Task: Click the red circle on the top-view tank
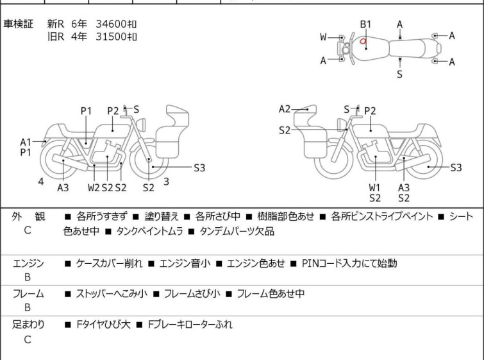(x=363, y=43)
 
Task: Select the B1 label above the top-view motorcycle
(x=365, y=24)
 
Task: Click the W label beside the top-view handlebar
(x=324, y=37)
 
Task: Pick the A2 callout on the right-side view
(x=285, y=109)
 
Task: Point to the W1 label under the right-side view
(x=374, y=187)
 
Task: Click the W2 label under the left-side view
(x=94, y=187)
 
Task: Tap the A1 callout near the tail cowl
(x=26, y=142)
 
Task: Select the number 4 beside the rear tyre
(x=40, y=182)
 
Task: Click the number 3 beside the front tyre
(x=166, y=182)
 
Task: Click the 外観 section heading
(x=28, y=217)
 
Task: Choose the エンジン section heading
(x=28, y=262)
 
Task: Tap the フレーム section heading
(x=28, y=294)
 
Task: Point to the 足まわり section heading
(x=28, y=325)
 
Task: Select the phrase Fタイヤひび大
(x=102, y=325)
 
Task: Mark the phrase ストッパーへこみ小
(x=112, y=294)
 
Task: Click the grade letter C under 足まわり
(x=28, y=339)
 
